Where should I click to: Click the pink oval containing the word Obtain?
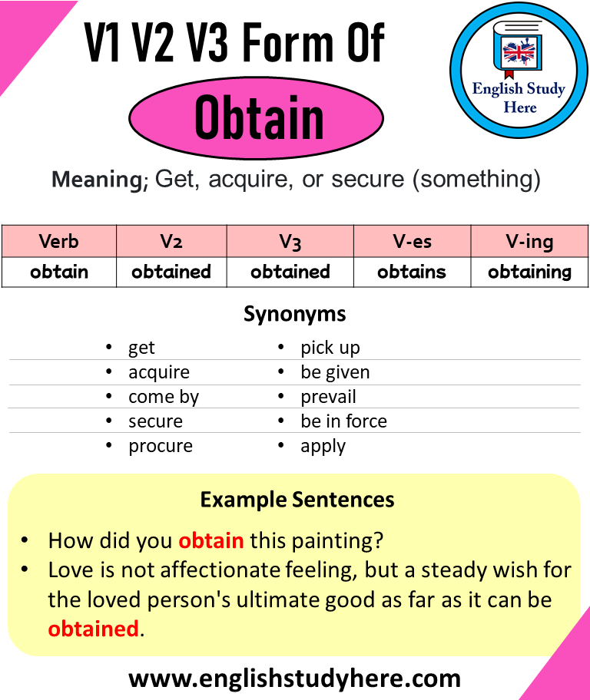coord(256,118)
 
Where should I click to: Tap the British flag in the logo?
coord(519,53)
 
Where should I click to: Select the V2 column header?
coord(171,241)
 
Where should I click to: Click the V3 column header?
coord(290,241)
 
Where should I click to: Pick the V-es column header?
coord(412,241)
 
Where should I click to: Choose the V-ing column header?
coord(529,241)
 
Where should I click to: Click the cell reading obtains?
coord(412,272)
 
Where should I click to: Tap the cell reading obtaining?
coord(529,272)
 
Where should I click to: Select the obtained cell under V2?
coord(171,272)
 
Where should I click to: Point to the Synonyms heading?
coord(294,314)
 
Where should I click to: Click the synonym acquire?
coord(158,372)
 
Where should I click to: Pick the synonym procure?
coord(160,446)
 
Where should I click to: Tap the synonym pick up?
coord(330,348)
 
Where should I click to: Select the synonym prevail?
coord(328,397)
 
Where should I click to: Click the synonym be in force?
coord(343,421)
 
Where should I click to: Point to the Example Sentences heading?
coord(297,500)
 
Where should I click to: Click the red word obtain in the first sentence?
coord(210,540)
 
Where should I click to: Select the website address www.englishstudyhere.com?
coord(294,678)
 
